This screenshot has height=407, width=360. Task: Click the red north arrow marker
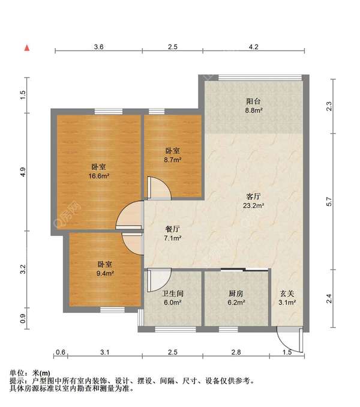27,48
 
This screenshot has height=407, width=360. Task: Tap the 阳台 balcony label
253,101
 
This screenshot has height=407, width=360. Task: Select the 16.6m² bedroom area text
99,176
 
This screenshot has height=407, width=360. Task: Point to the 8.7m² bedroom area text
172,160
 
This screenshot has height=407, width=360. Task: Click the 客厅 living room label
253,196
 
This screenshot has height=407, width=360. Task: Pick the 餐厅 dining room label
172,229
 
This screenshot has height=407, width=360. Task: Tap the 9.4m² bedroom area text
105,273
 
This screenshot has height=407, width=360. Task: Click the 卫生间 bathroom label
172,294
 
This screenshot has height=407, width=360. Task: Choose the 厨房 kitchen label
236,294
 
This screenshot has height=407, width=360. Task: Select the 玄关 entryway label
287,294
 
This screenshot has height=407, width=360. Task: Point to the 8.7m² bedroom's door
159,188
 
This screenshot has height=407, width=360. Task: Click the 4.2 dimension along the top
253,47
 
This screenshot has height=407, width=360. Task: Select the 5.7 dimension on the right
329,202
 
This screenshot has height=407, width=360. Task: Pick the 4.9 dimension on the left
23,172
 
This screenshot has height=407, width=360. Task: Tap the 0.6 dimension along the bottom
61,352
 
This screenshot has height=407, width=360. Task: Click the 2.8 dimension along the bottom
236,352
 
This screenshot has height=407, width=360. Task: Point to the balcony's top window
260,77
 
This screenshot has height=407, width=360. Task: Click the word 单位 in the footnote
17,373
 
